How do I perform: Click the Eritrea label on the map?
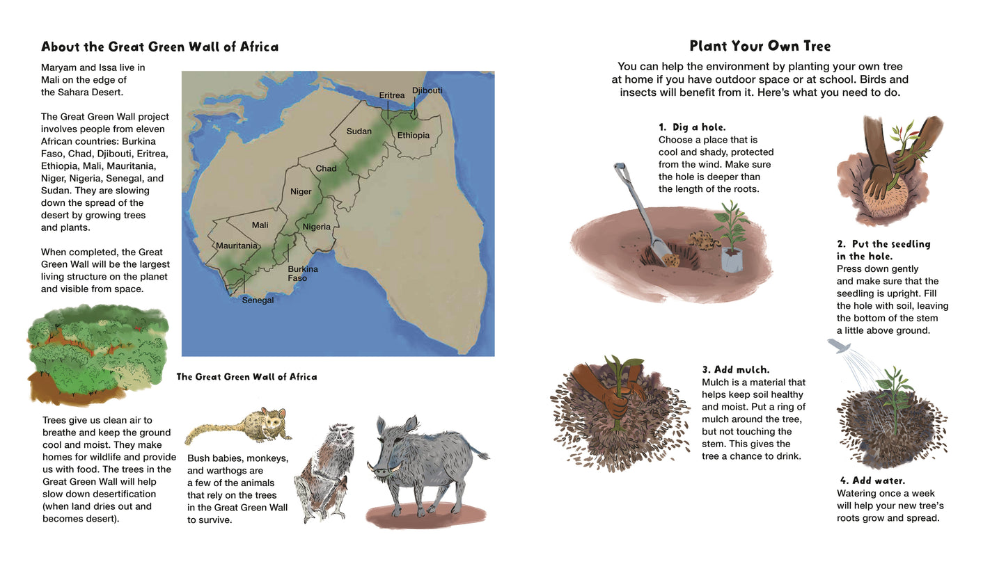click(391, 95)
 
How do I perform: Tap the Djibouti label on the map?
click(427, 90)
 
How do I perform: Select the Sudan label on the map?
click(359, 131)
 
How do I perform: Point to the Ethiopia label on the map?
click(414, 135)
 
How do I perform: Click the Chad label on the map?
click(326, 168)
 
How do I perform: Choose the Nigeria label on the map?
click(316, 227)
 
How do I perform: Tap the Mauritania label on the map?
click(237, 245)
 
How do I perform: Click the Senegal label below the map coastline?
click(258, 300)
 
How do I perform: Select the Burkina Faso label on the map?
click(302, 273)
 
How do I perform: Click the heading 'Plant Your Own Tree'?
click(760, 47)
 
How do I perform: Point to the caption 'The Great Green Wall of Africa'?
click(246, 377)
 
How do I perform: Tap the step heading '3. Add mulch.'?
click(735, 370)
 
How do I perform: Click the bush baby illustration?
click(240, 426)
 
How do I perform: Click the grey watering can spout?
click(838, 346)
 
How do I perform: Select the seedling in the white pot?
click(732, 236)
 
